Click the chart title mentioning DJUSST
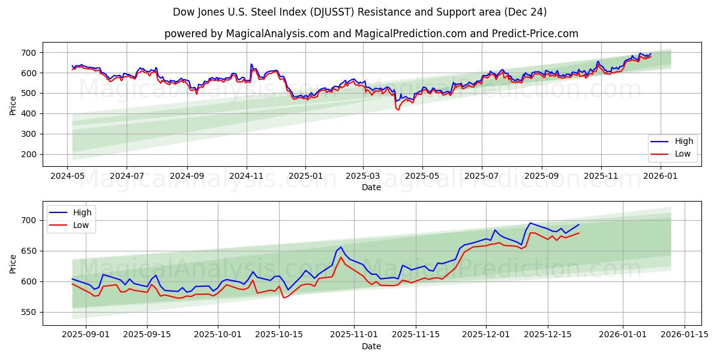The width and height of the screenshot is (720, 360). click(359, 12)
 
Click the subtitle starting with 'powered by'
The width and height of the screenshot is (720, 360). click(371, 34)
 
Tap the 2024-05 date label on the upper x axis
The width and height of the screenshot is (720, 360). click(67, 176)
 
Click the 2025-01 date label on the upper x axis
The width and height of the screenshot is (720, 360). click(305, 176)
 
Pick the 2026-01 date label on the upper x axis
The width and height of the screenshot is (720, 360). click(660, 176)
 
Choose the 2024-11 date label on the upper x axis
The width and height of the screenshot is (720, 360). click(246, 176)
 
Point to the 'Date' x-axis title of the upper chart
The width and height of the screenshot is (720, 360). click(371, 187)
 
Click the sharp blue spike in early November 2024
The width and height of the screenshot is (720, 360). click(251, 64)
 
